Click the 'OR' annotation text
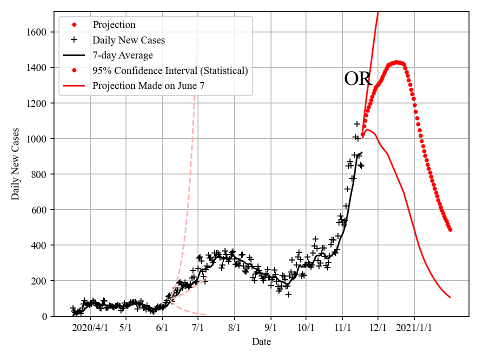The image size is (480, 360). tap(358, 79)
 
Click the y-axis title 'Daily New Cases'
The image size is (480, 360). tap(16, 163)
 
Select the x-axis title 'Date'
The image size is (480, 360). tap(261, 342)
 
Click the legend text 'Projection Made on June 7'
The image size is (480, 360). tap(148, 86)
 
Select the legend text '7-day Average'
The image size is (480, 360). tap(122, 55)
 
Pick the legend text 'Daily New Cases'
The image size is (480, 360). tap(128, 40)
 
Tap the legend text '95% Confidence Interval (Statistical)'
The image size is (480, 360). tap(170, 70)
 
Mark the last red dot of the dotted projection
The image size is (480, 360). tap(450, 229)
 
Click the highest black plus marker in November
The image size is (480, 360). tap(357, 123)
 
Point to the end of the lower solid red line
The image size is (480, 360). tap(450, 297)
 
